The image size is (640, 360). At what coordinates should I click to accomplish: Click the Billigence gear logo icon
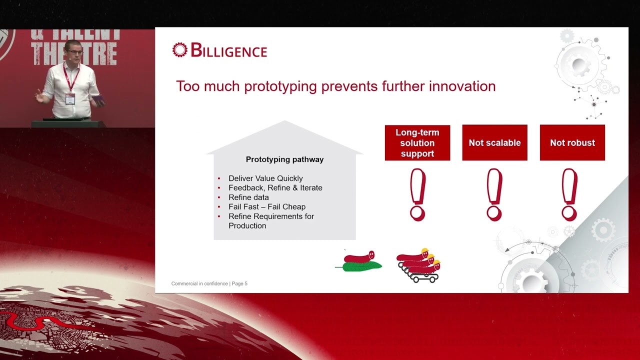(x=179, y=50)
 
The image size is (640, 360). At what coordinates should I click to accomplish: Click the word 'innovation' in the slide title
(x=462, y=86)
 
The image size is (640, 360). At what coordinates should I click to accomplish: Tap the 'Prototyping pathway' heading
(x=284, y=159)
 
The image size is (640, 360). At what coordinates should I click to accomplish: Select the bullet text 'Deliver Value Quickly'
(x=265, y=178)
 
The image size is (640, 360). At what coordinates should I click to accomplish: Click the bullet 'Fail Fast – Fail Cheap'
(x=267, y=206)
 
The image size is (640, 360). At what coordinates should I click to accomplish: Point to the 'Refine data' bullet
(x=248, y=197)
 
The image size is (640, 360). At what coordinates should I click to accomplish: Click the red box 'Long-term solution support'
(x=417, y=143)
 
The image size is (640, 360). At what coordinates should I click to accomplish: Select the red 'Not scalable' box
(x=495, y=142)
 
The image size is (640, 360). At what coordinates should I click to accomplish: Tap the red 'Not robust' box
(x=572, y=142)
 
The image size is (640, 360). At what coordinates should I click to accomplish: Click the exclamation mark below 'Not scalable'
(x=494, y=194)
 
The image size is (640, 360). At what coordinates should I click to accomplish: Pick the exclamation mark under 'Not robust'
(x=569, y=194)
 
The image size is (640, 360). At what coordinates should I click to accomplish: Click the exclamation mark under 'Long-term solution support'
(x=417, y=194)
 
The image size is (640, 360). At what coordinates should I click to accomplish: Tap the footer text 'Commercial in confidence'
(x=199, y=283)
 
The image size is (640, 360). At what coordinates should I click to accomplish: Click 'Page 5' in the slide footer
(x=239, y=283)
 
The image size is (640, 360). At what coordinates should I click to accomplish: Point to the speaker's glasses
(x=75, y=52)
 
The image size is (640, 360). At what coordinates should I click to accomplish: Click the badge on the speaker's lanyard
(x=70, y=99)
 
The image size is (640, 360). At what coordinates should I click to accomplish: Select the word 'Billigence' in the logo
(x=228, y=50)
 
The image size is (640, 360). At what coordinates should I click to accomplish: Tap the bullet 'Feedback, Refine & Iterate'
(x=275, y=187)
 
